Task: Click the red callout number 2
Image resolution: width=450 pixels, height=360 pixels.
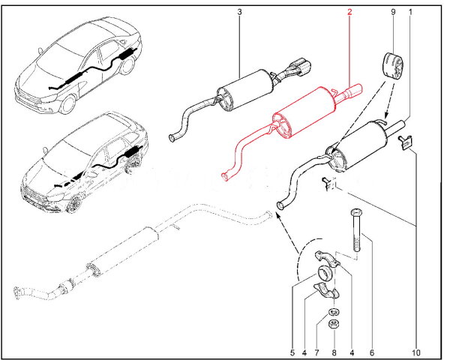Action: tap(349, 12)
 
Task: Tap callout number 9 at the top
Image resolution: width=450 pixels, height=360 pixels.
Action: tap(392, 12)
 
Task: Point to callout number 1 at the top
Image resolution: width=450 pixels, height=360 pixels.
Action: tap(411, 12)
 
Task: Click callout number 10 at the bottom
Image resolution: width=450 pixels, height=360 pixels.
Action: tap(415, 352)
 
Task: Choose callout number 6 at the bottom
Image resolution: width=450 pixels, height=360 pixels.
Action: tap(371, 352)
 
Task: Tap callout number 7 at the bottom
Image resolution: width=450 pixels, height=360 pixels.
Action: tap(334, 352)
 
